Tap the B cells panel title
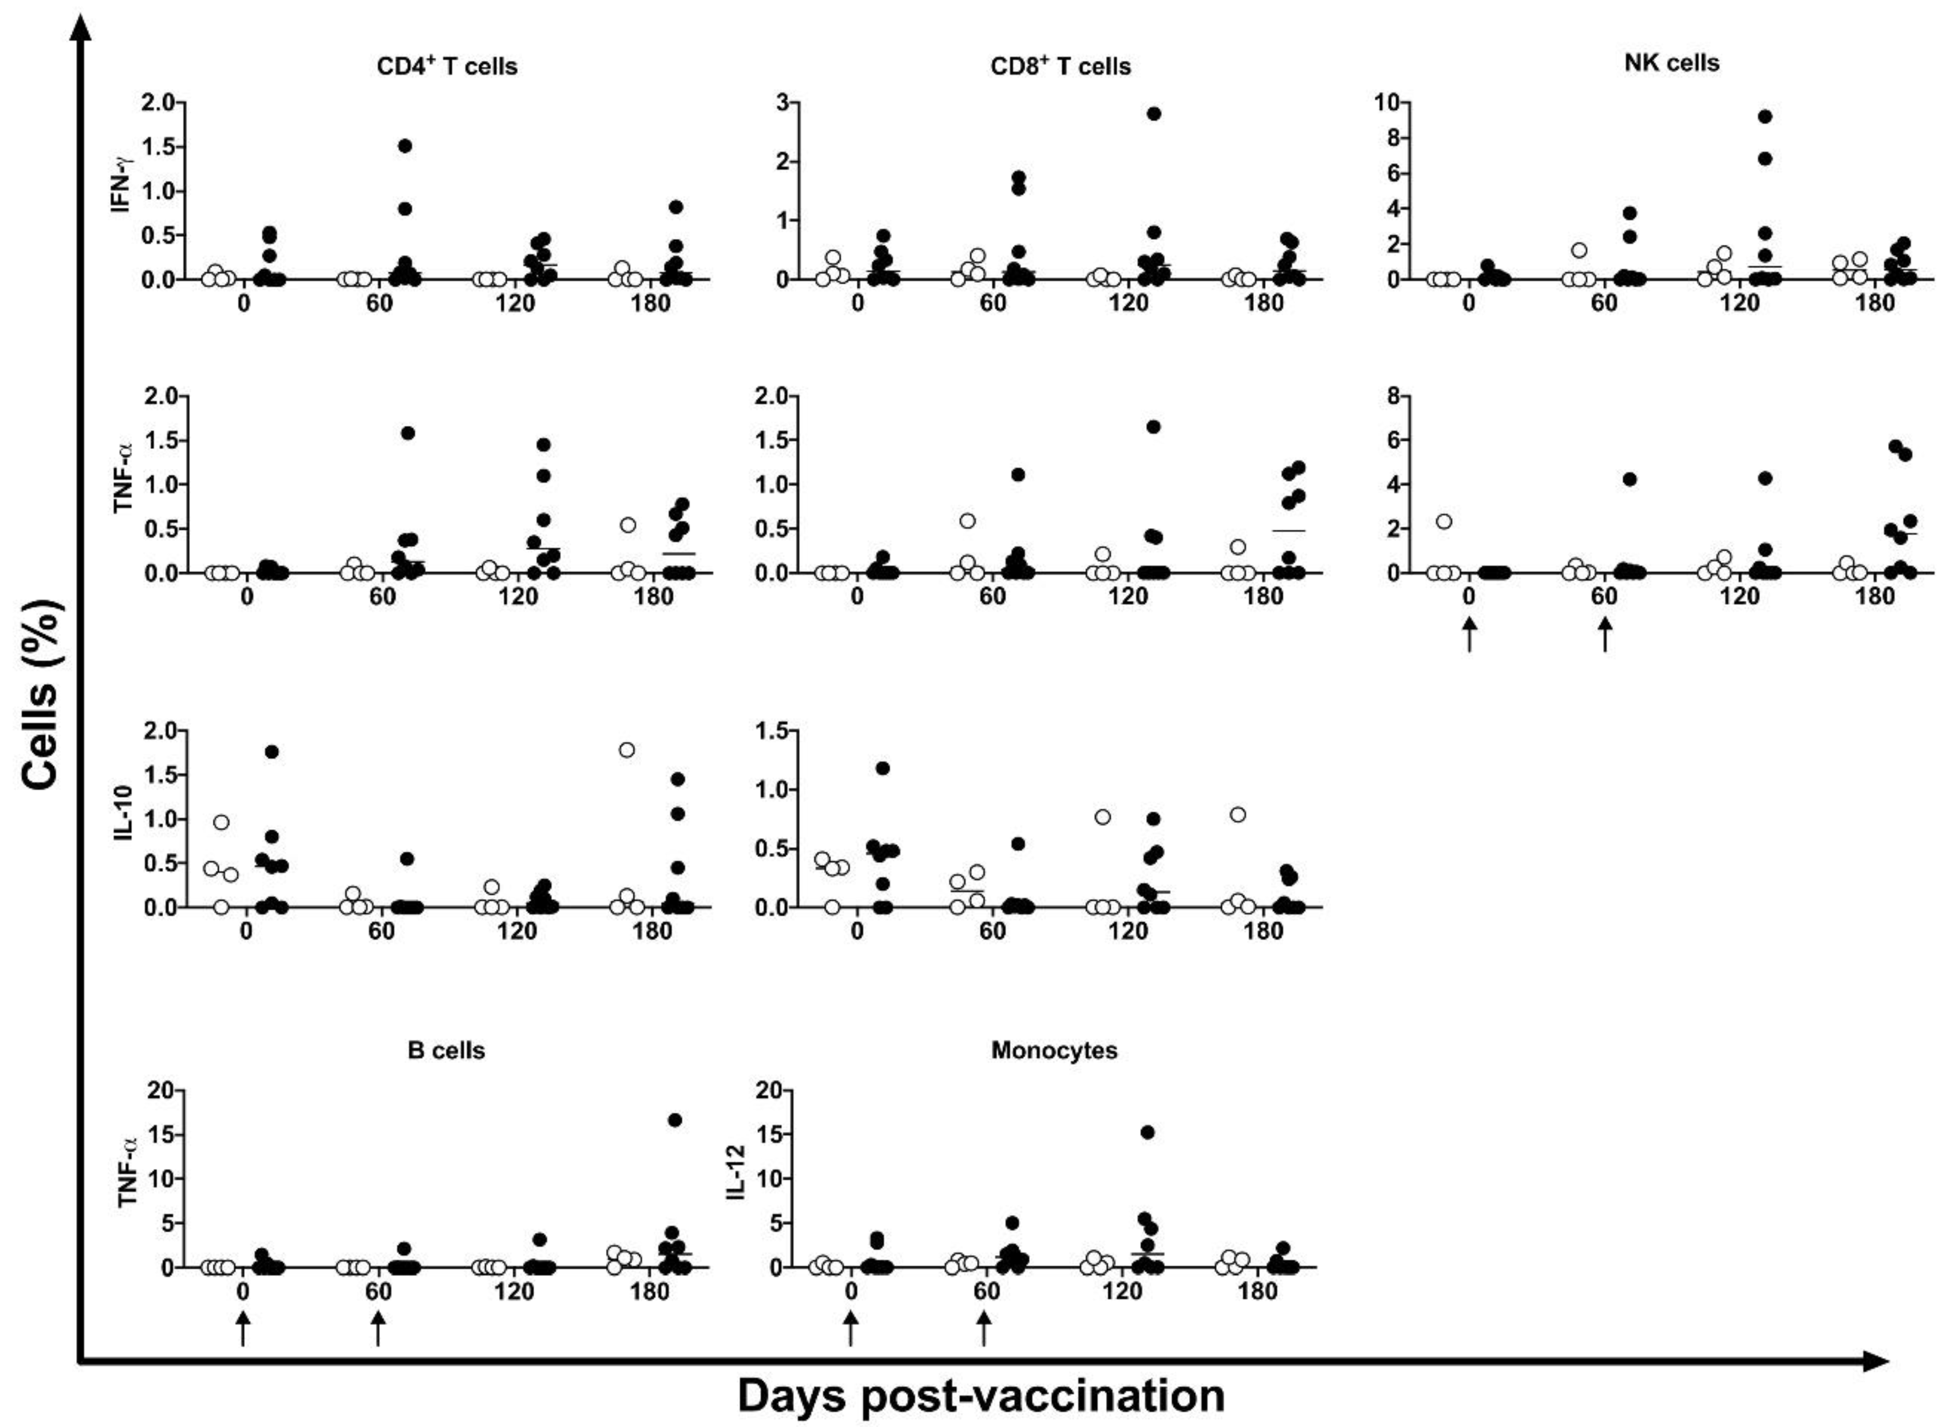pos(446,1050)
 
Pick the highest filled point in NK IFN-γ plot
pos(1765,116)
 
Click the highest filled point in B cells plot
pos(675,1120)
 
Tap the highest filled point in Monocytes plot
pos(1147,1132)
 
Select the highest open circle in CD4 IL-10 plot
pos(626,750)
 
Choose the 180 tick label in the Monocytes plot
pos(1257,1292)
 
